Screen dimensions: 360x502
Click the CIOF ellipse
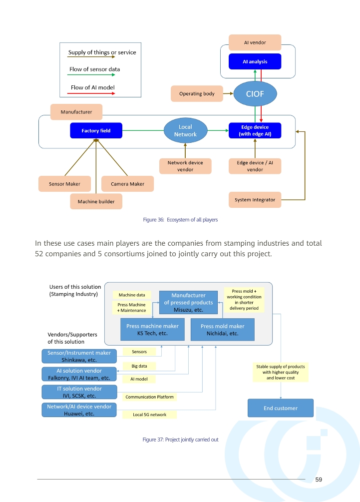255,94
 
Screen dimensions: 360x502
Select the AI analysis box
255,61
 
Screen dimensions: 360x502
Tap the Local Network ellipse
185,131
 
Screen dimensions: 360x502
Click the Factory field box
96,131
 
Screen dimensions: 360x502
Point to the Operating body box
197,93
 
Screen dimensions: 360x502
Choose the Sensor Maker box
64,184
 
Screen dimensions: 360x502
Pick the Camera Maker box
127,184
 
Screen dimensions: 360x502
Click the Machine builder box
96,201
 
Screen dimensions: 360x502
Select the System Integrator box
255,200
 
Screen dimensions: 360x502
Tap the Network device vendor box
185,166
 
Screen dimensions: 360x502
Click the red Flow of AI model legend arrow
91,93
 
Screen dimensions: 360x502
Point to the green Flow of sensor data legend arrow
91,75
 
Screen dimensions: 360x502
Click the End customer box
281,408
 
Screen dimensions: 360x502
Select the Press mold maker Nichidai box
222,330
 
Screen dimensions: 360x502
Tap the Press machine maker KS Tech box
152,330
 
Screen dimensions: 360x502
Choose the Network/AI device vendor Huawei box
79,410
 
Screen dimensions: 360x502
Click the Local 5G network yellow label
149,415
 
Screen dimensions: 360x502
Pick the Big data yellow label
139,366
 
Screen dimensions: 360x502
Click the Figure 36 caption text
180,220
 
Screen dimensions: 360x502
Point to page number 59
319,480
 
